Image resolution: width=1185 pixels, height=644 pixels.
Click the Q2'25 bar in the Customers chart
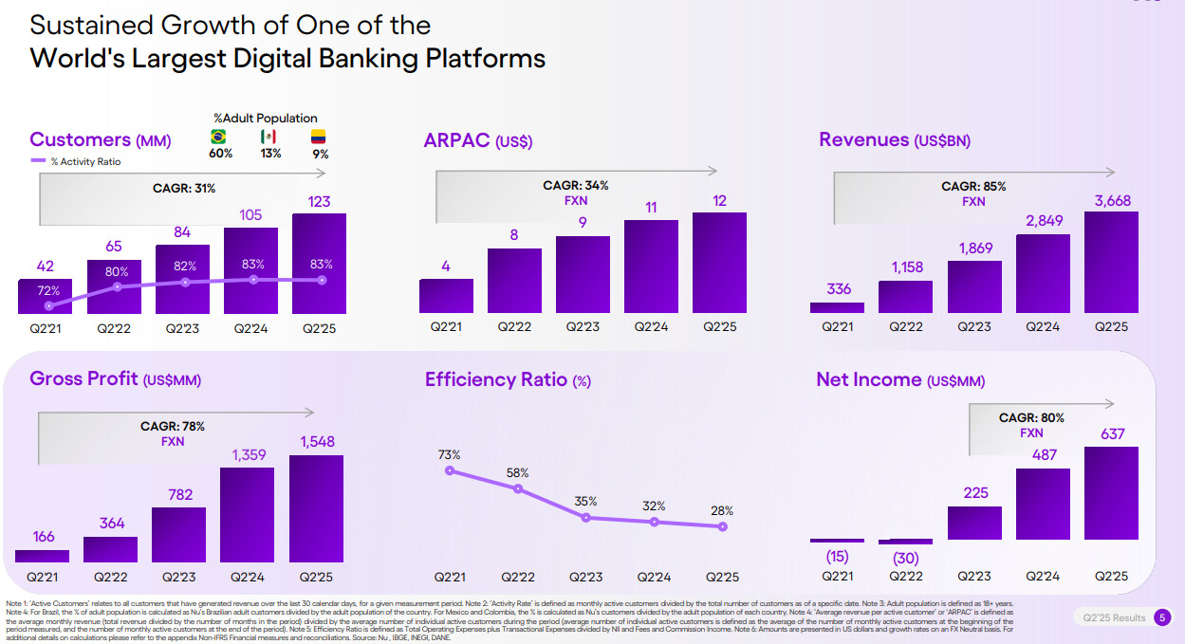coord(319,264)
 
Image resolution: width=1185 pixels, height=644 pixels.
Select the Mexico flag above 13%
coord(268,138)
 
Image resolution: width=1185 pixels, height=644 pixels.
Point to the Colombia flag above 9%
coord(319,138)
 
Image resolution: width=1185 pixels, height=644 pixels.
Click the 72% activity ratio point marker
coord(48,305)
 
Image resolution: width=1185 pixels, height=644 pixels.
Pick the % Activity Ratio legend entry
coord(76,161)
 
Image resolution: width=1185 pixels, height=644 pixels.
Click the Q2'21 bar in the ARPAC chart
coord(446,296)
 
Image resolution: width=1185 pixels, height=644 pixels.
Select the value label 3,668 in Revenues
coord(1112,201)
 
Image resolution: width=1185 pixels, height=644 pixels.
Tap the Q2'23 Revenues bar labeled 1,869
coord(974,286)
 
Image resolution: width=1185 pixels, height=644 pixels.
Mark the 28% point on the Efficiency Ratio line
coord(723,526)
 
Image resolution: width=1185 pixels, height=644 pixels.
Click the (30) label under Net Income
coord(906,559)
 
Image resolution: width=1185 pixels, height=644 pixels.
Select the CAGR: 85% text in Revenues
coord(973,187)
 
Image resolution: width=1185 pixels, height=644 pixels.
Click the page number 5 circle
coord(1163,617)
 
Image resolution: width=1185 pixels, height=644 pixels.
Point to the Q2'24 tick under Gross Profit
coord(247,576)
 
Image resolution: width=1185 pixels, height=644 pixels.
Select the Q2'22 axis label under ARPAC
coord(514,327)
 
